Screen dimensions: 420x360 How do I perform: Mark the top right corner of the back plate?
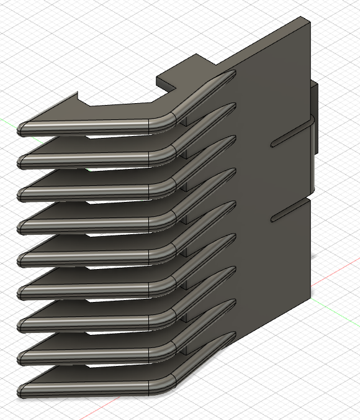[x=309, y=20]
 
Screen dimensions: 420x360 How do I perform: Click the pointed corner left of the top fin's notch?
[x=77, y=95]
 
